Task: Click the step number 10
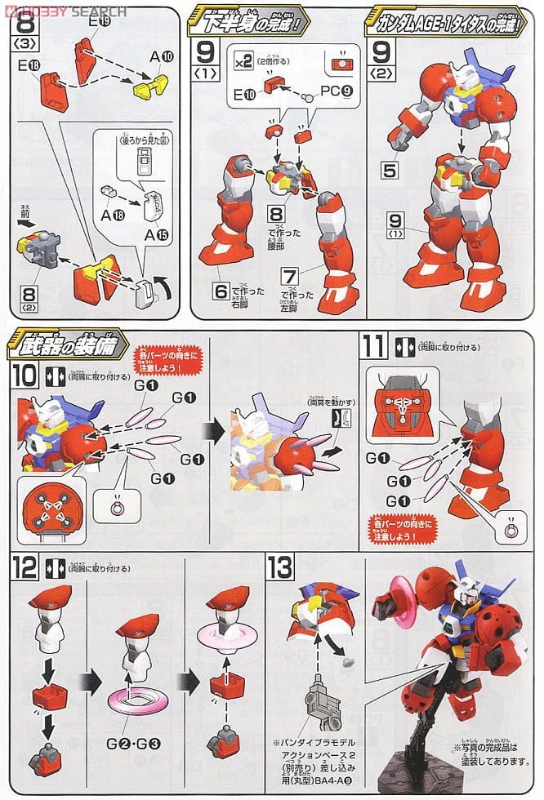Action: click(x=25, y=376)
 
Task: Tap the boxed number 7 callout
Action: click(x=291, y=274)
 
